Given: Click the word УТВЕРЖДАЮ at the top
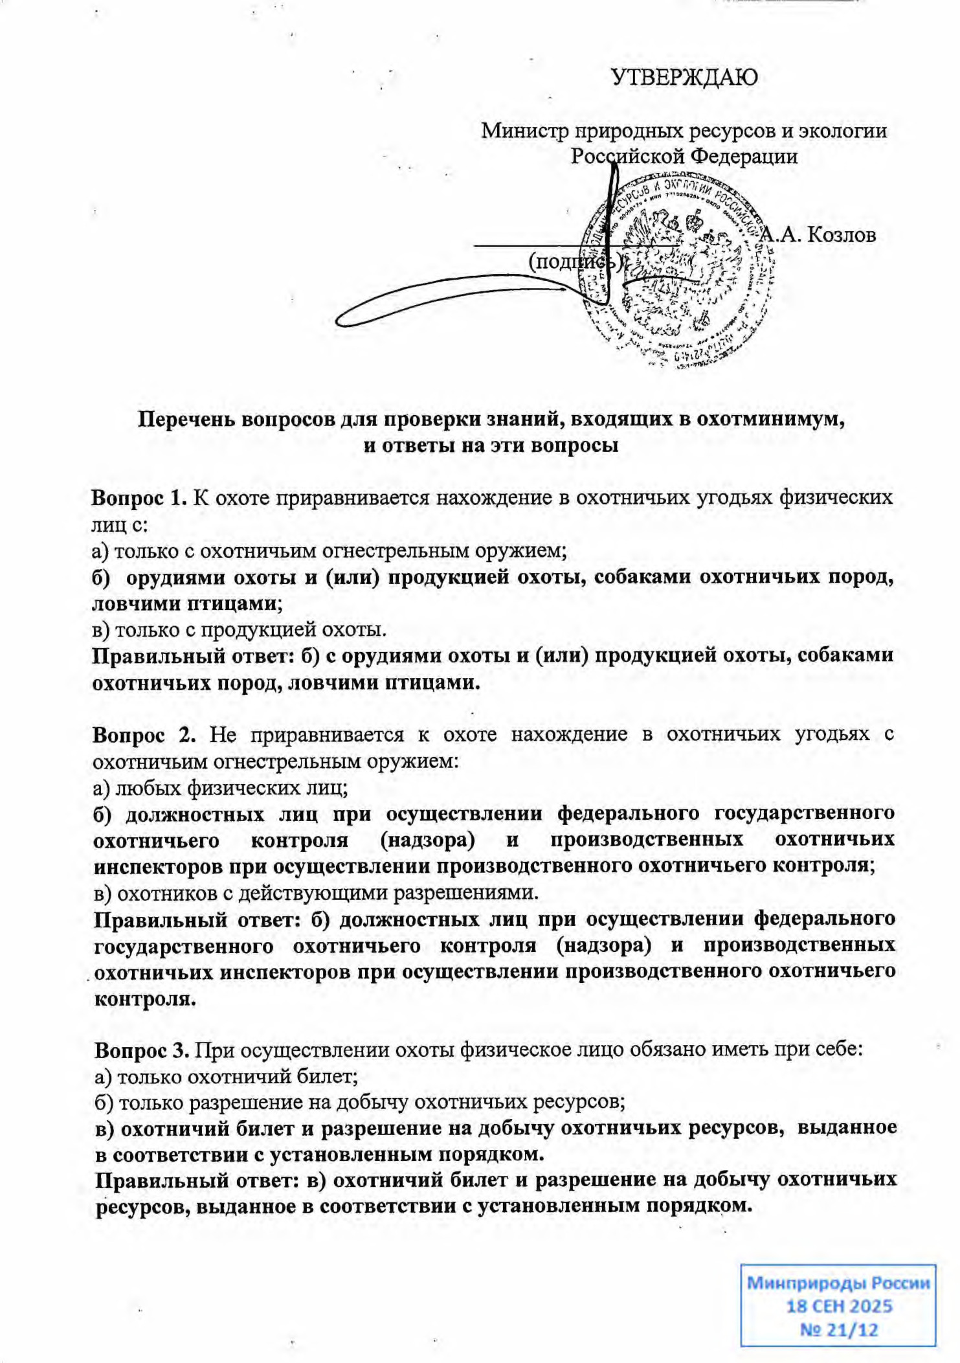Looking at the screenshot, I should click(684, 78).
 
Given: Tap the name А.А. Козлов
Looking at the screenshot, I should click(818, 234).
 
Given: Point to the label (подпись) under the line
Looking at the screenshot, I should click(575, 262).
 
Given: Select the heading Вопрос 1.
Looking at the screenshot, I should click(139, 498).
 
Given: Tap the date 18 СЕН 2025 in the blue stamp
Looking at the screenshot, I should click(839, 1306).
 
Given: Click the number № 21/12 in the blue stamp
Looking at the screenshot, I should click(839, 1330).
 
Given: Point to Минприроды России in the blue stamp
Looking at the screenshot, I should click(839, 1283).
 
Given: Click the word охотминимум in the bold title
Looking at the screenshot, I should click(770, 419).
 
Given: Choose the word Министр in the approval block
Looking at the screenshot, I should click(522, 131).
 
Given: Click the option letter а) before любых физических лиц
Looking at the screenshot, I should click(102, 788).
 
